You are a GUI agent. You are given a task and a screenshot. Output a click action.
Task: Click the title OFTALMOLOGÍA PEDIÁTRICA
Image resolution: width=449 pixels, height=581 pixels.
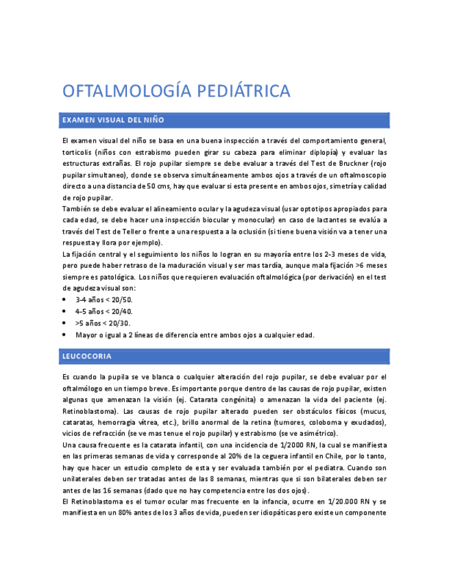click(x=176, y=91)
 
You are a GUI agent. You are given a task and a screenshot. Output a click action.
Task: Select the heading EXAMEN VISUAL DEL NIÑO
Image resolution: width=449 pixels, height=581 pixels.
click(x=113, y=120)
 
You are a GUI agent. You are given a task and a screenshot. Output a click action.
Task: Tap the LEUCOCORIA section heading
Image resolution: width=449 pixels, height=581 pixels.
click(x=86, y=356)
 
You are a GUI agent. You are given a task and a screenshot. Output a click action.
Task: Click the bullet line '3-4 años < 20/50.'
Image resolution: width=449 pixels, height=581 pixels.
click(x=104, y=300)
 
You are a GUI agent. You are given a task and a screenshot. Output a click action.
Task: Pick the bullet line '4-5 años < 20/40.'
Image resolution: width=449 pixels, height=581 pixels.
click(x=104, y=312)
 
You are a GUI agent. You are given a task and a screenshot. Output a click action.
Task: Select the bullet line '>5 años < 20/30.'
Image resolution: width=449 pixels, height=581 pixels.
click(x=103, y=323)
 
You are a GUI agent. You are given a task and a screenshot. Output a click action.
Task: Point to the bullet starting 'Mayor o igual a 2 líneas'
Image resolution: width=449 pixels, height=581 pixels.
click(x=195, y=335)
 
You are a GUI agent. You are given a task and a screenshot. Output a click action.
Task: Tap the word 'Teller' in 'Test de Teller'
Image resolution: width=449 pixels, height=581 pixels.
click(x=118, y=231)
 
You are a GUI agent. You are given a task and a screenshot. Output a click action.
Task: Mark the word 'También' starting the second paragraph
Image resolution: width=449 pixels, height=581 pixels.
click(x=77, y=208)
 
